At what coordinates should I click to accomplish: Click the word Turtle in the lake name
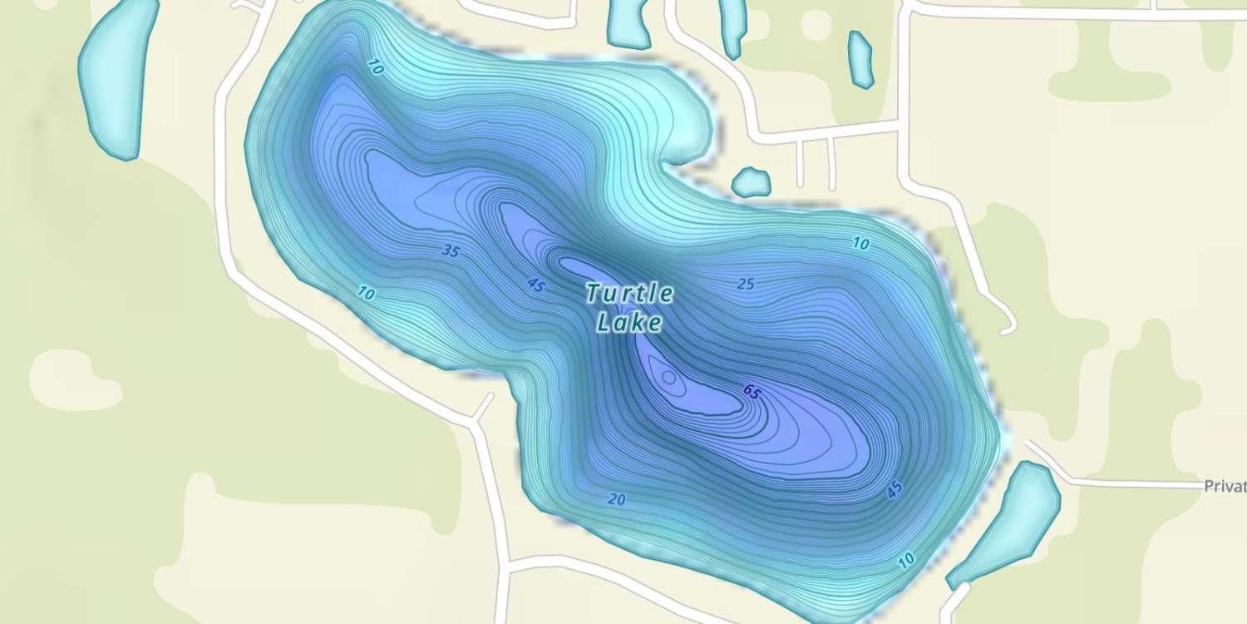[629, 293]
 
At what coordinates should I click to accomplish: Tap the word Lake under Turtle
[629, 322]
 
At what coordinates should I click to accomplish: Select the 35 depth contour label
[451, 250]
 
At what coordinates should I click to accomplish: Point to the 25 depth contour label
[746, 284]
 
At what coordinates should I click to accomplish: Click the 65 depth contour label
[752, 392]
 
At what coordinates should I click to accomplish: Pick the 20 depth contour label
[616, 499]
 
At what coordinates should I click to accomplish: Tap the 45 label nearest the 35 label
[536, 285]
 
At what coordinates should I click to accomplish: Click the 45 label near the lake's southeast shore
[894, 491]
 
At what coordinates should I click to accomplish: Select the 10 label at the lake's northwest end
[374, 69]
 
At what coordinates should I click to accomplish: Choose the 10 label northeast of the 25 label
[860, 244]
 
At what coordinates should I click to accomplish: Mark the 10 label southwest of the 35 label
[365, 292]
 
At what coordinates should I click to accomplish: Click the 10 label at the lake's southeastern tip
[906, 561]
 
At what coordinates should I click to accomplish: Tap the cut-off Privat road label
[1225, 487]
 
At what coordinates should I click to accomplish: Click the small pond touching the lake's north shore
[752, 182]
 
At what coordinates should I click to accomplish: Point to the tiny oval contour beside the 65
[668, 378]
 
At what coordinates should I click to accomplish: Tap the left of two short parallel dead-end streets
[800, 161]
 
